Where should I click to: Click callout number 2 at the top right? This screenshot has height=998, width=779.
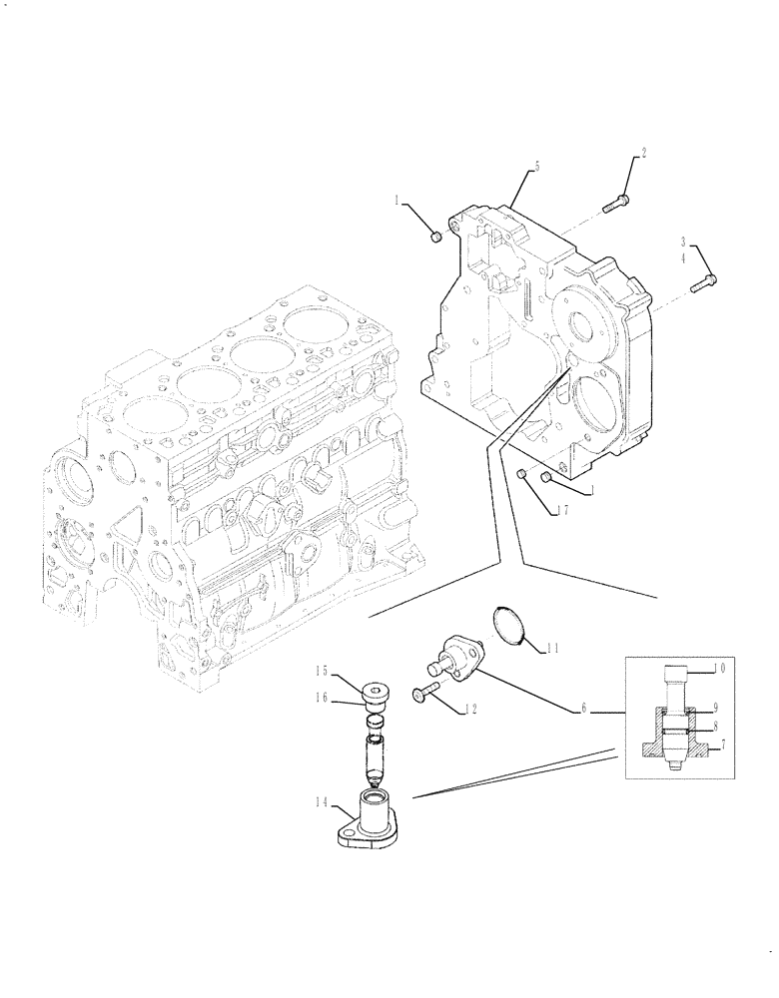pos(643,154)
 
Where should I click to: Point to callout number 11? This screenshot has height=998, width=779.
pos(552,649)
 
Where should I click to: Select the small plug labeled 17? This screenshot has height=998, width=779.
pos(523,473)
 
